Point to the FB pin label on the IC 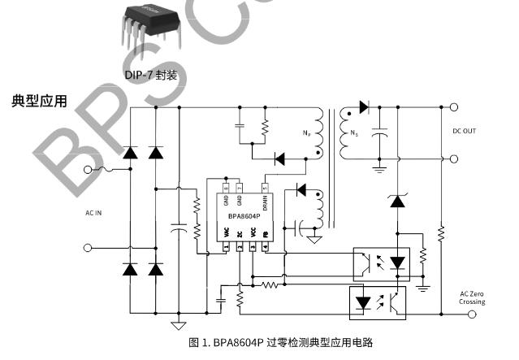coord(266,233)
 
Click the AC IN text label coord(94,214)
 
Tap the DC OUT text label coord(465,130)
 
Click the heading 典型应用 coord(39,101)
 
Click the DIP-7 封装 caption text coord(154,75)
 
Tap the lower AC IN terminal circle coord(89,246)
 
